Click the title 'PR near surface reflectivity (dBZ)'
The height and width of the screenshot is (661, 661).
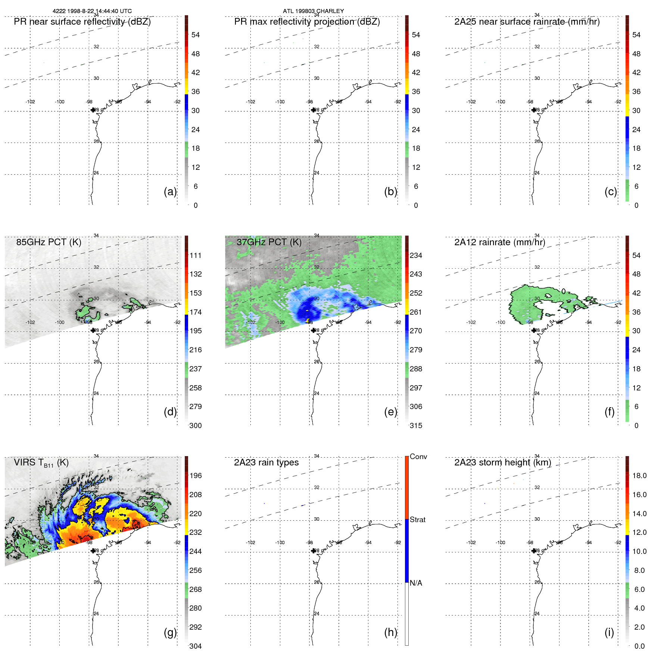point(82,22)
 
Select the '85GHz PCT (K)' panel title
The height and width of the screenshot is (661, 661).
point(49,242)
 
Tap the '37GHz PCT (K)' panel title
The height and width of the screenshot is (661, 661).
point(269,242)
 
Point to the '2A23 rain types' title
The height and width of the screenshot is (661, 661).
point(266,462)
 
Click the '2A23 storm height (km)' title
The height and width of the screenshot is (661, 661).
point(502,462)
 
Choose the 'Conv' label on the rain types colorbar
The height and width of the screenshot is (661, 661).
point(418,456)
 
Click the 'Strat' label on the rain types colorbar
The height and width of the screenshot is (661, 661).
point(417,520)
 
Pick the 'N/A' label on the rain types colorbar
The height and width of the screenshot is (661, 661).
point(416,583)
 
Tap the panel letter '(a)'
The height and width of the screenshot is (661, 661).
point(170,191)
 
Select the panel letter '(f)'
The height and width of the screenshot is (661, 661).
point(609,412)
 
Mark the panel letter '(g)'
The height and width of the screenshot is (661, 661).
point(170,632)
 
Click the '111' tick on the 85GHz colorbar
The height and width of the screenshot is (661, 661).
point(195,255)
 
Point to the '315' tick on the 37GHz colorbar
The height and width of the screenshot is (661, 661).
point(416,425)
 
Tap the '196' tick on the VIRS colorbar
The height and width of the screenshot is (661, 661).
point(195,476)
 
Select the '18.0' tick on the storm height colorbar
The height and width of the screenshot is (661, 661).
point(639,476)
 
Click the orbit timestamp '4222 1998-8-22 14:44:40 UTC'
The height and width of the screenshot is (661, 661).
point(92,11)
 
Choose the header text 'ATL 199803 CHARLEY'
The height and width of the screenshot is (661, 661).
point(313,11)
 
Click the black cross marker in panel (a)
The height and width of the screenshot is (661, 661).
point(93,110)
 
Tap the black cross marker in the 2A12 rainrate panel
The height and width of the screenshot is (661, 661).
point(534,330)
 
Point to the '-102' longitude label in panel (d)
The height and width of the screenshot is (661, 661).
point(30,322)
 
